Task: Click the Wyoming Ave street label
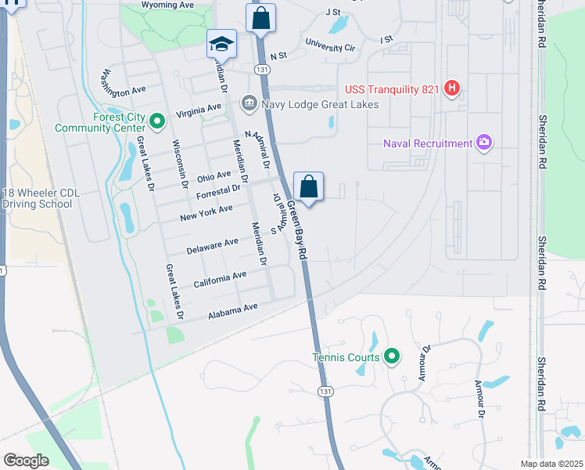[168, 5]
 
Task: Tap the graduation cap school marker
[221, 44]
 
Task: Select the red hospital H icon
[451, 89]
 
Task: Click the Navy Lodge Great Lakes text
[321, 104]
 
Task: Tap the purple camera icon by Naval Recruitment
[484, 143]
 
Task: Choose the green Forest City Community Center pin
[156, 121]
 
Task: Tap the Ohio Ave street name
[214, 176]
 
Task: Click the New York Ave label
[206, 212]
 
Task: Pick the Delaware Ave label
[213, 247]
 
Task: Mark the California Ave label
[220, 279]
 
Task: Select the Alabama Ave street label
[232, 312]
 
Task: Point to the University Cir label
[330, 46]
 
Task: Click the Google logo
[27, 461]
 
